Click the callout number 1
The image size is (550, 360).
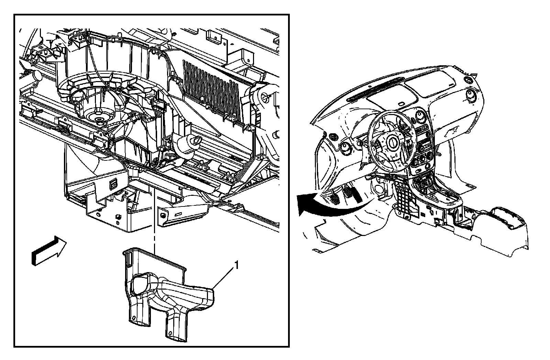[x=236, y=265]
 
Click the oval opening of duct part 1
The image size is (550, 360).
[x=142, y=285]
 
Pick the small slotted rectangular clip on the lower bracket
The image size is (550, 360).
[x=113, y=184]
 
